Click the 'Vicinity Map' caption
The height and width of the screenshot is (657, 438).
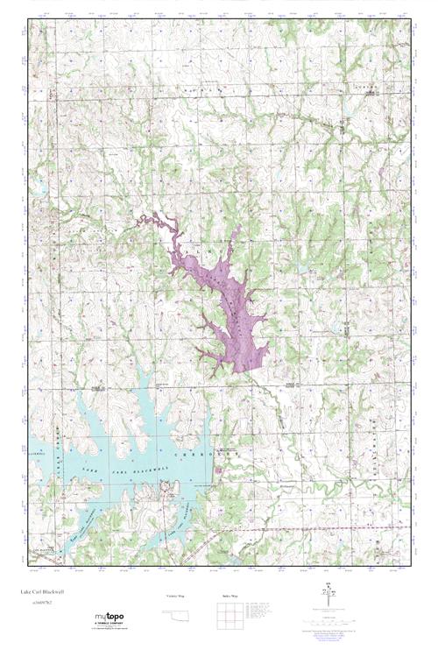coord(173,596)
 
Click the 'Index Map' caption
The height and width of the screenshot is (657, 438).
coord(230,596)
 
